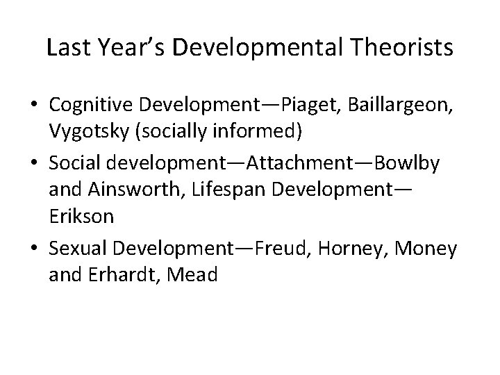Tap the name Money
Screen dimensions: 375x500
(429, 249)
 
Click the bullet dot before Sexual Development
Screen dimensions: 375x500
(36, 249)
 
